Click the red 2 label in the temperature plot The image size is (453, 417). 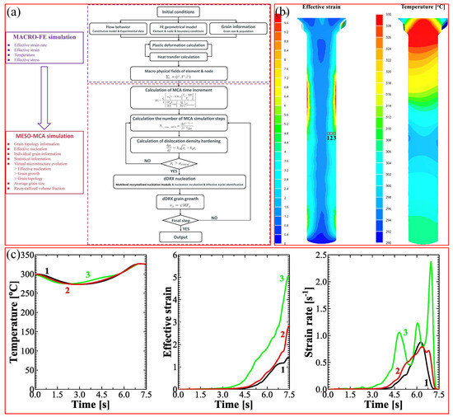[x=68, y=291]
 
